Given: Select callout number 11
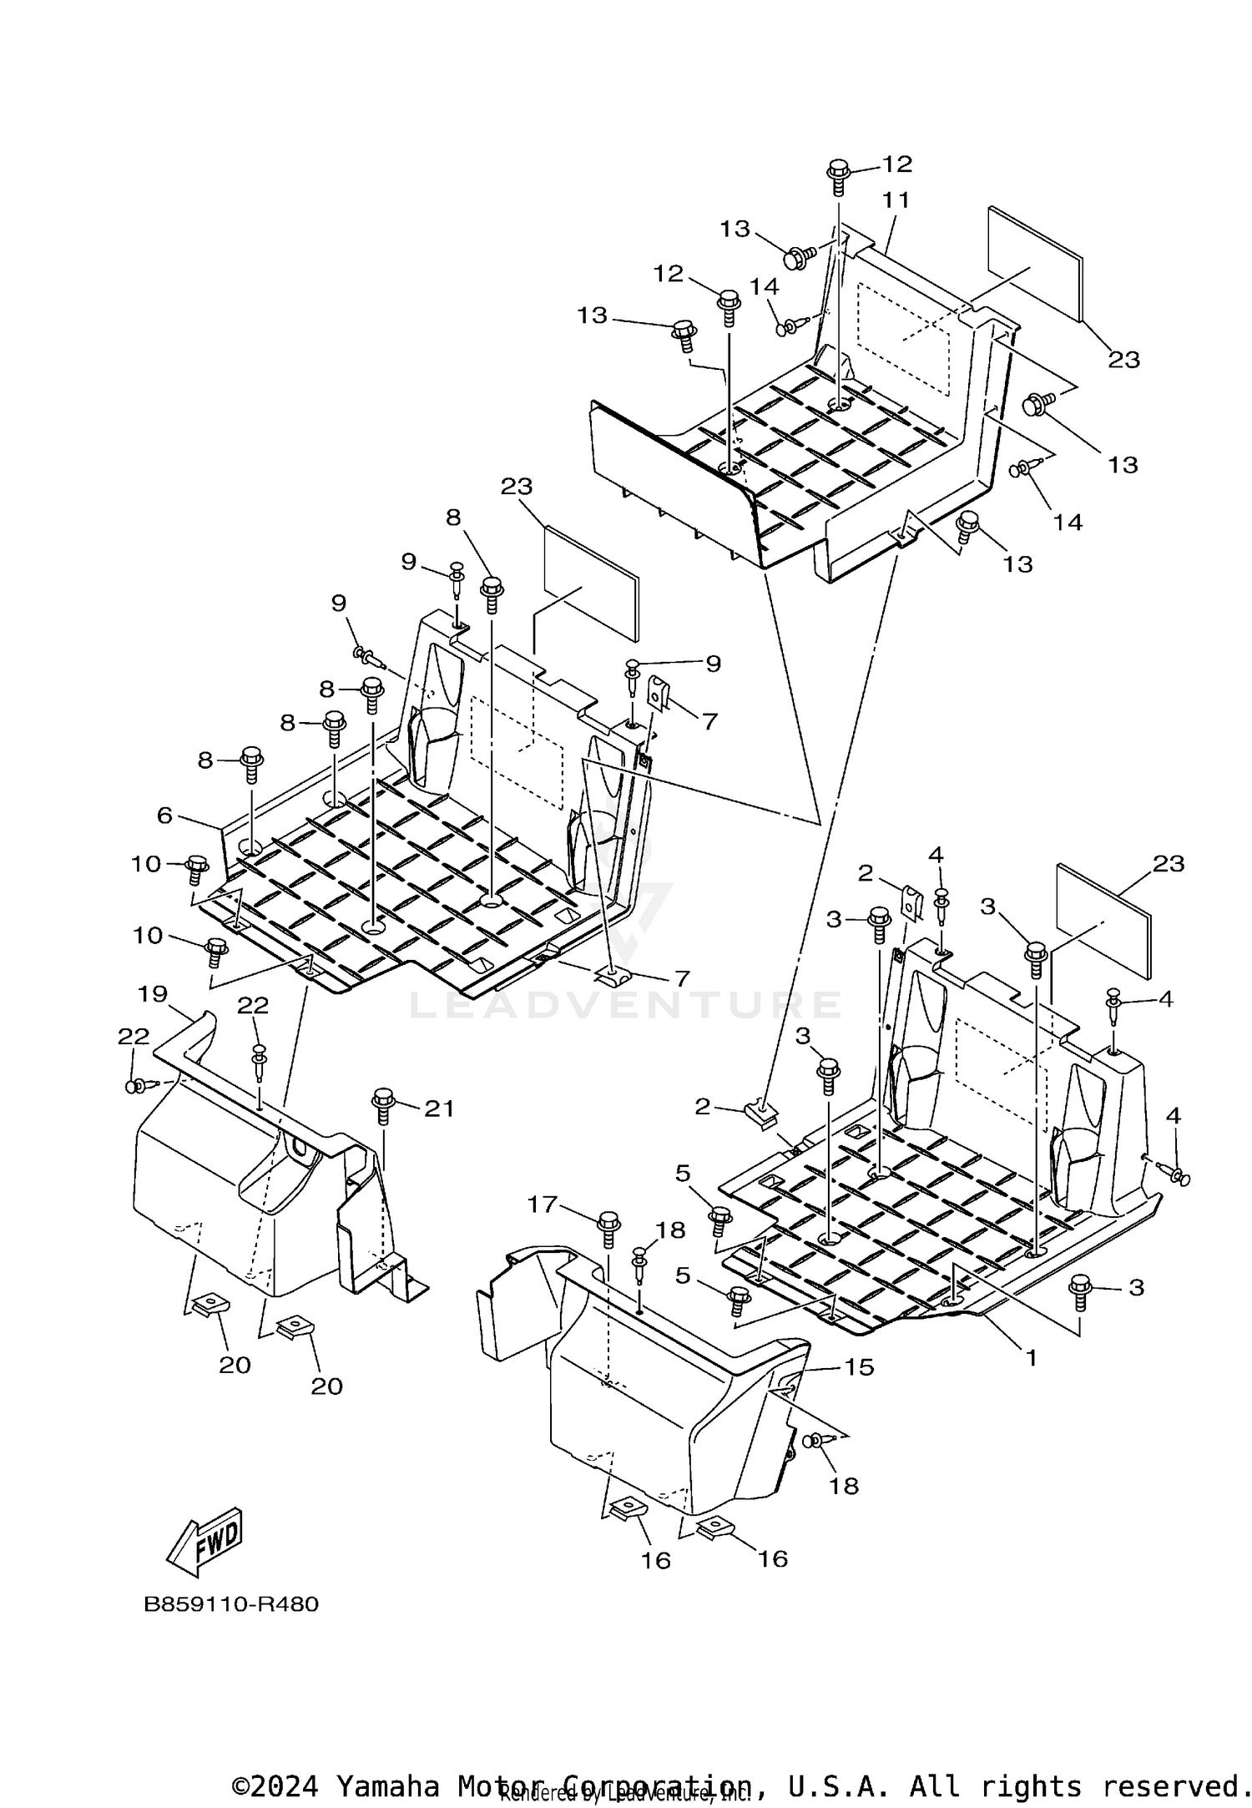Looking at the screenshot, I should coord(896,200).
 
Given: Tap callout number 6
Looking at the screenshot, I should coord(164,816).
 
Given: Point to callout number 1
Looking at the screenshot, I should coord(1031,1358).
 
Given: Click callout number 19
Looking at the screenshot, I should coord(154,994).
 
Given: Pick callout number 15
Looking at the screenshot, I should coord(859,1367).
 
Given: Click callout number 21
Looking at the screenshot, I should coord(439,1109).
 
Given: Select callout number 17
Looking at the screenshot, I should coord(542,1204).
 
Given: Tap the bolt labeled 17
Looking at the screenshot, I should coord(608,1227).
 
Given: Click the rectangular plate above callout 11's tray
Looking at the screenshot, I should coord(1036,265).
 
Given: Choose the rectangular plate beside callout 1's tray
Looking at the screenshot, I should coord(1103,921).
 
